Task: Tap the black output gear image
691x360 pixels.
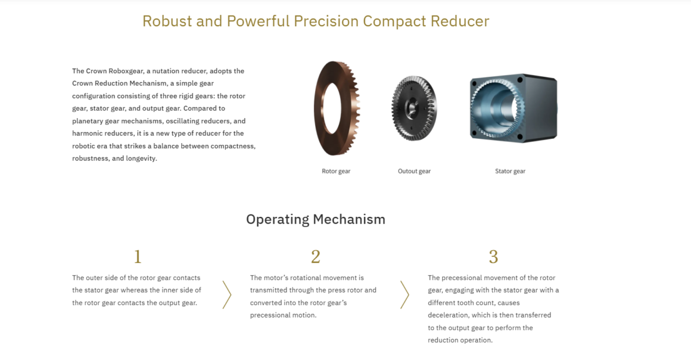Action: coord(414,108)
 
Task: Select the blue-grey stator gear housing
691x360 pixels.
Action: coord(513,108)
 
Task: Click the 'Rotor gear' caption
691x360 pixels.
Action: coord(336,171)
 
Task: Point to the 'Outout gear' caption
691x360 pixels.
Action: coord(414,171)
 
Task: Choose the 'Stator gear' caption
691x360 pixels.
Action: coord(510,171)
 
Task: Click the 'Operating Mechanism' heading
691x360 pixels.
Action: coord(316,219)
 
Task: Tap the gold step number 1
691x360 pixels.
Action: coord(138,257)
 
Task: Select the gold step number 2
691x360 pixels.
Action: coord(316,257)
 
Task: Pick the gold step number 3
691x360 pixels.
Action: coord(494,257)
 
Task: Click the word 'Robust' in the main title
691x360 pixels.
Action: coord(167,21)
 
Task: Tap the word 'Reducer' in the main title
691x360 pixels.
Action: coord(460,21)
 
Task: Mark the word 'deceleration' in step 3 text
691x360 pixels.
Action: coord(448,315)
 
